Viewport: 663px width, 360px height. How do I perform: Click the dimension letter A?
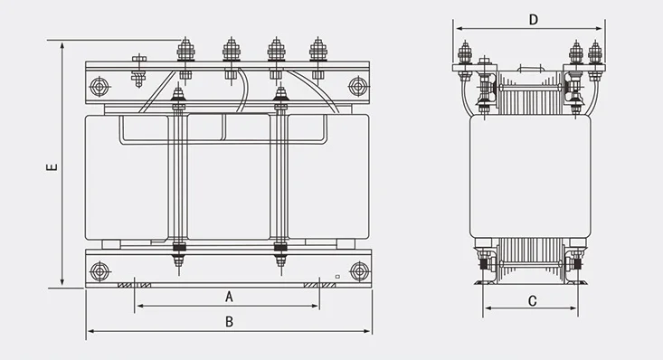tap(229, 297)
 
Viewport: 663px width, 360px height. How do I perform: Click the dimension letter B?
tap(229, 322)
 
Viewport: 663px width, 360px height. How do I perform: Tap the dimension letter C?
tap(533, 301)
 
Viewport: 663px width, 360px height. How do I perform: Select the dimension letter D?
tap(534, 20)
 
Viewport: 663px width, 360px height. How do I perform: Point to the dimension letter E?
tap(52, 166)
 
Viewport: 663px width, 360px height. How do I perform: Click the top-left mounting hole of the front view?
tap(99, 87)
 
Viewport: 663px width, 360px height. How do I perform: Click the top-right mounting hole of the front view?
tap(358, 86)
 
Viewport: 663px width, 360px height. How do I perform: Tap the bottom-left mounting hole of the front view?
tap(99, 271)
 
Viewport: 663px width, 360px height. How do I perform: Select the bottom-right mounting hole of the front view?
tap(360, 271)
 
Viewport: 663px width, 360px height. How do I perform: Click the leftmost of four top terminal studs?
tap(185, 50)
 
